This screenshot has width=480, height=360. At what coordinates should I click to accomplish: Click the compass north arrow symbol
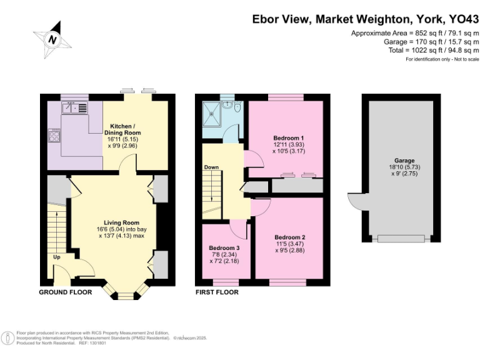[x=53, y=38]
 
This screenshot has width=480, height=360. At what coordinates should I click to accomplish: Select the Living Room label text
[x=121, y=222]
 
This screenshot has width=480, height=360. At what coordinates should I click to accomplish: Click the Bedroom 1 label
[x=288, y=137]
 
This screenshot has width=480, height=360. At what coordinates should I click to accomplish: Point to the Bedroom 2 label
[x=289, y=237]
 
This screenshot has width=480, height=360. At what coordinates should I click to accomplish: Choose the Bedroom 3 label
[x=224, y=248]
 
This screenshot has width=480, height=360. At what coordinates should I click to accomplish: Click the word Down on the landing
[x=211, y=167]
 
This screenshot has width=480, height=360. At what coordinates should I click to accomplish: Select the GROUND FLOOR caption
[x=66, y=292]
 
